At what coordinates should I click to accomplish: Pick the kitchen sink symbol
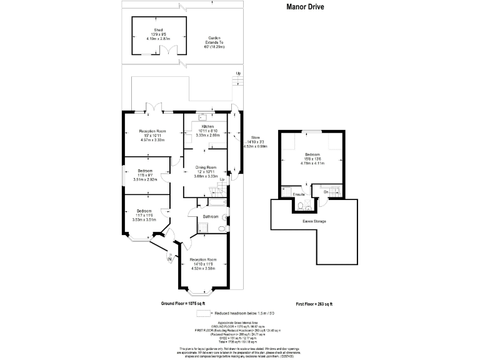click(x=202, y=116)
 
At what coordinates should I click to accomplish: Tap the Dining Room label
click(x=206, y=167)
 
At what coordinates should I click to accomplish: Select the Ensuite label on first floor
click(x=299, y=195)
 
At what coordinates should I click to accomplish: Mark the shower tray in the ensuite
click(x=288, y=190)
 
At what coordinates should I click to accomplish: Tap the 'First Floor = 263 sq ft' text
click(x=314, y=303)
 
